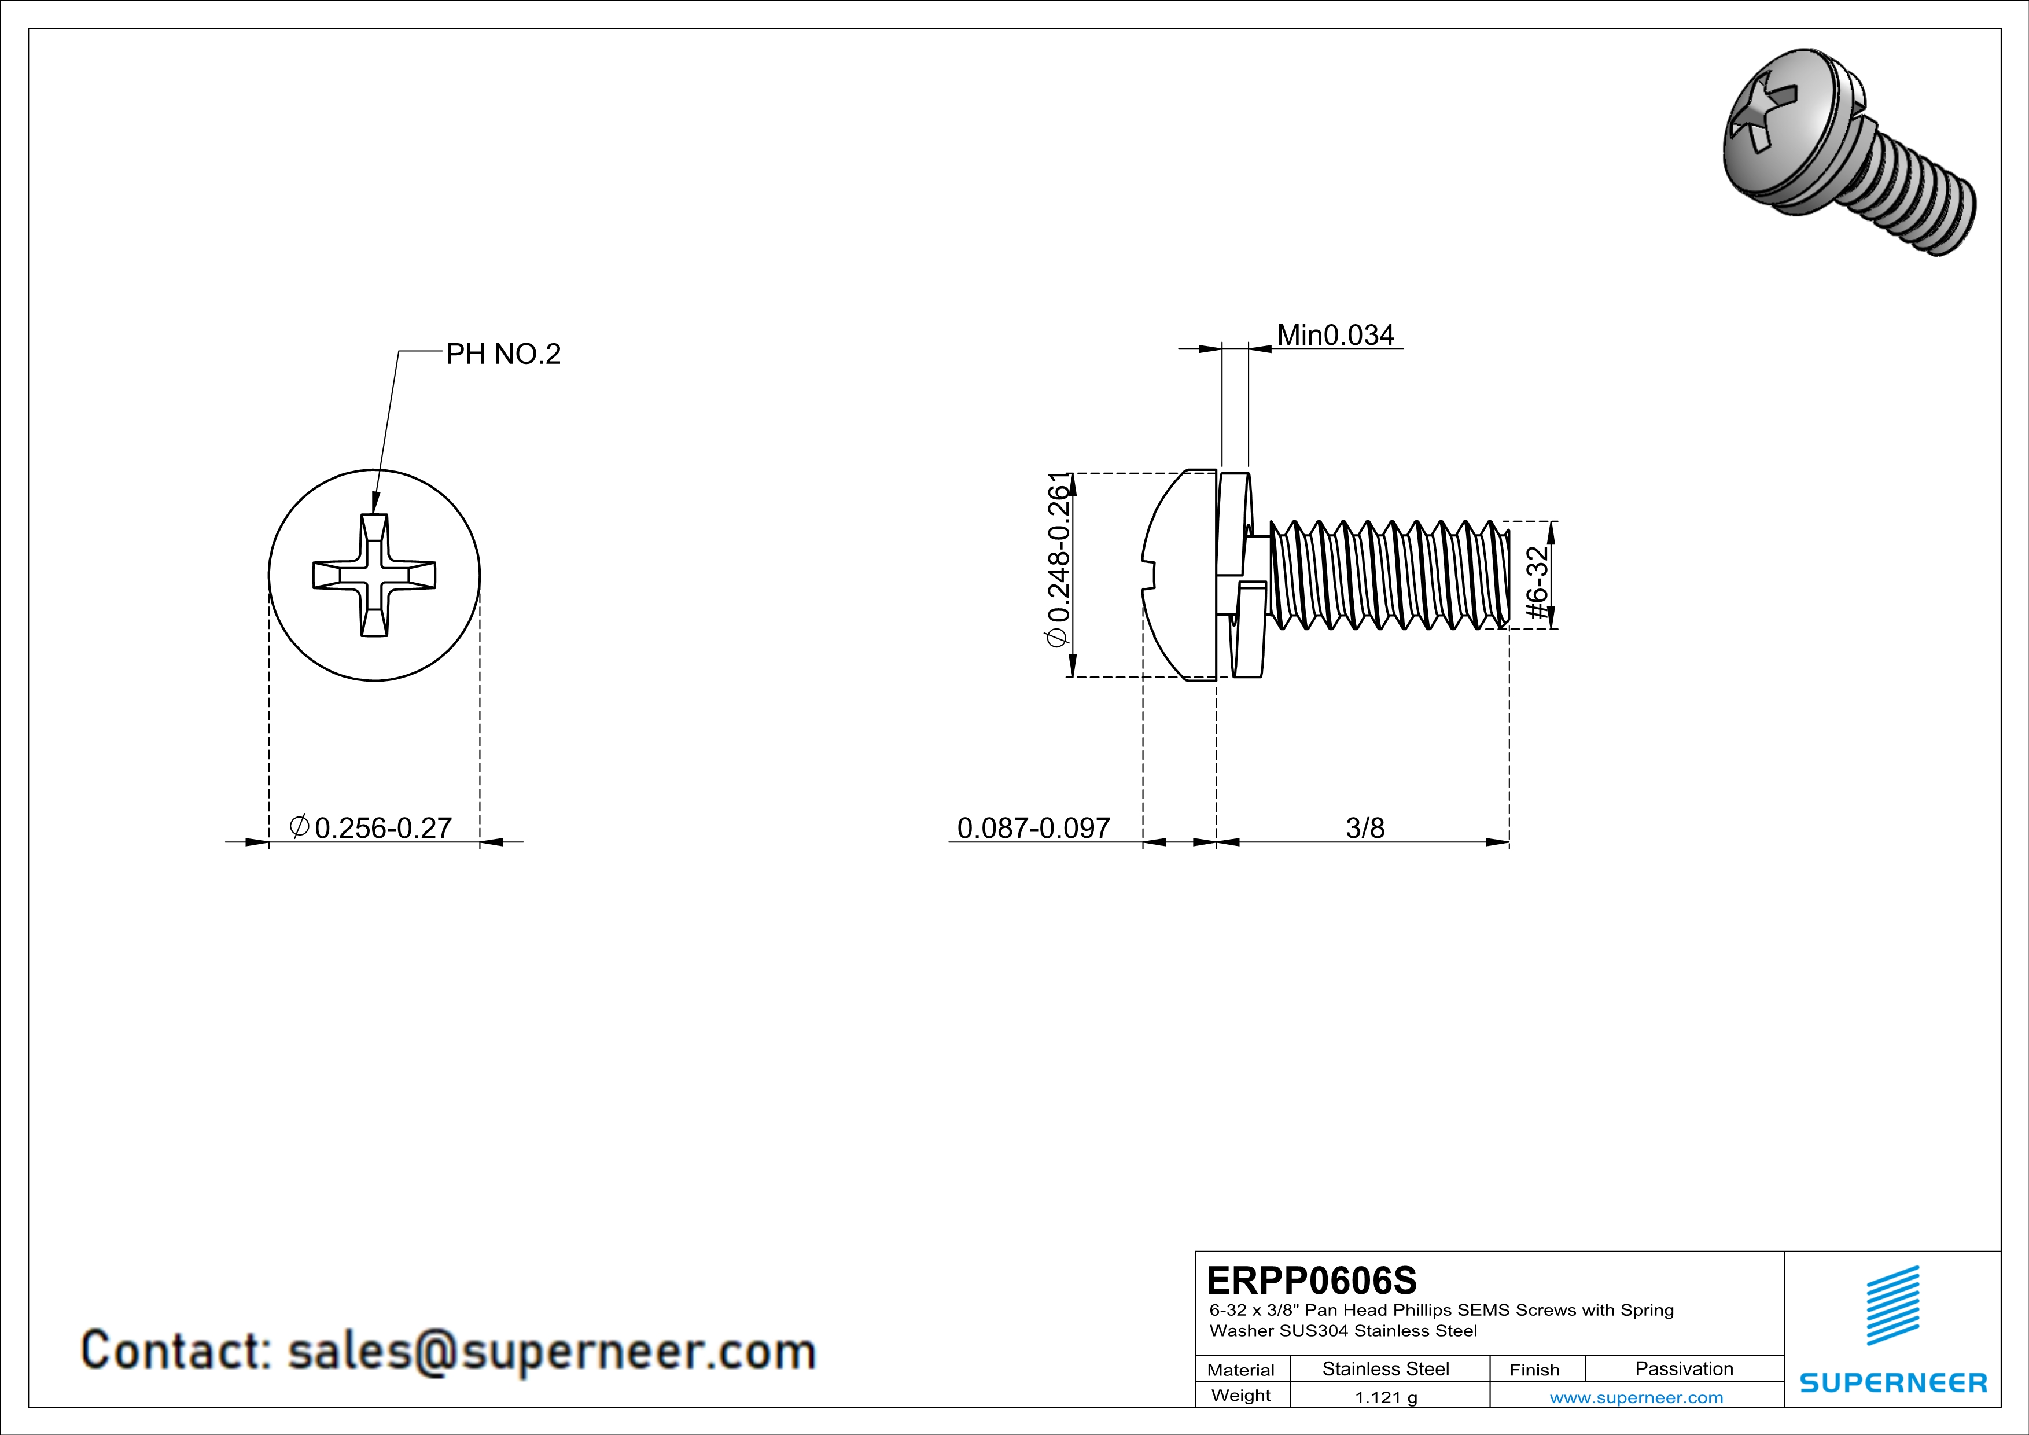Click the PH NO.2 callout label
click(x=503, y=354)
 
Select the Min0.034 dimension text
click(x=1335, y=336)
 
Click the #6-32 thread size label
click(x=1538, y=575)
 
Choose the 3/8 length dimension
click(x=1364, y=828)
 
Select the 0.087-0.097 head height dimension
click(x=1033, y=828)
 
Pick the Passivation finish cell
click(x=1684, y=1368)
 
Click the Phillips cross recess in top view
click(x=374, y=575)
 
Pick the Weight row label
click(x=1241, y=1395)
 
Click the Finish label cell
click(x=1534, y=1370)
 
